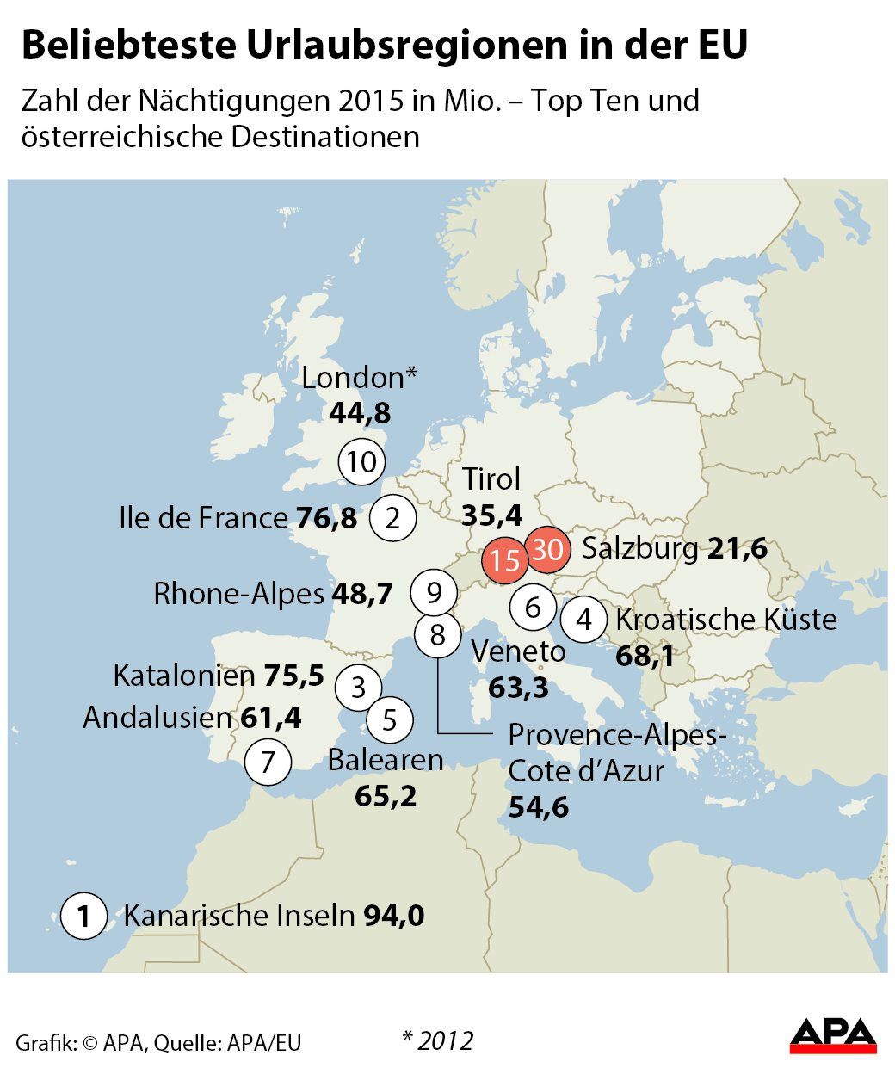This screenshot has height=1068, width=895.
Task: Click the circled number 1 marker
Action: [x=83, y=916]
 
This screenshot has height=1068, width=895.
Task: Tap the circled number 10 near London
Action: [x=361, y=461]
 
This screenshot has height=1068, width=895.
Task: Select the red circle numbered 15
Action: [x=505, y=560]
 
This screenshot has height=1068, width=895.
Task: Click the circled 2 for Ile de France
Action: [x=392, y=518]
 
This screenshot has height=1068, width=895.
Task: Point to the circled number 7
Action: [x=268, y=762]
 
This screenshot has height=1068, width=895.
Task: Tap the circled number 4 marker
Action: [x=584, y=619]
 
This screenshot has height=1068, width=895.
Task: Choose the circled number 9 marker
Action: [x=434, y=592]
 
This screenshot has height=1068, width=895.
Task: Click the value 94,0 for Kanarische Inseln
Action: [x=394, y=916]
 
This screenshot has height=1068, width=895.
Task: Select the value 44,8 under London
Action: [x=360, y=414]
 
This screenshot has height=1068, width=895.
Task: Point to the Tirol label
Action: [x=491, y=479]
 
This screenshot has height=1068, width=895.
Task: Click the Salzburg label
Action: [x=640, y=548]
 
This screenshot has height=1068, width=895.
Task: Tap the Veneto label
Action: [x=518, y=651]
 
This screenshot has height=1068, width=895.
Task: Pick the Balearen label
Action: [x=386, y=760]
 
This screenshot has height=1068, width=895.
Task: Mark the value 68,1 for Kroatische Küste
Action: [x=645, y=657]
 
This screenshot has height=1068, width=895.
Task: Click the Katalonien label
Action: [x=184, y=676]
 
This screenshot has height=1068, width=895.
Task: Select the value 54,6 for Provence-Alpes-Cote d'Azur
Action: [x=538, y=807]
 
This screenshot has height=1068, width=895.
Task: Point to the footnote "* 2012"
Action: [x=437, y=1040]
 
